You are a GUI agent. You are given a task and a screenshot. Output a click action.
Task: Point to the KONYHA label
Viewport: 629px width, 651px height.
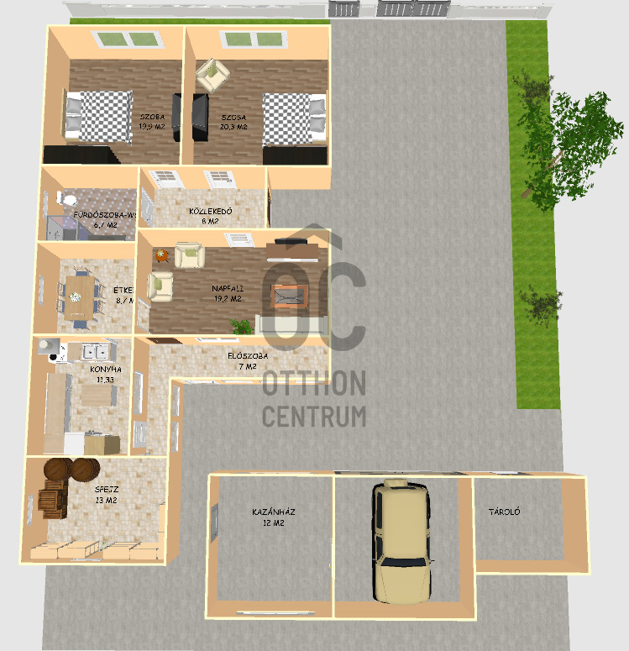tap(106, 369)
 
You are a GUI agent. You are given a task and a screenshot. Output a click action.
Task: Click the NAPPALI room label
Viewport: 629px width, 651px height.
tap(227, 288)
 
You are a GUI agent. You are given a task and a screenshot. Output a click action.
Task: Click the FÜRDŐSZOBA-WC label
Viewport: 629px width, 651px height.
tap(102, 215)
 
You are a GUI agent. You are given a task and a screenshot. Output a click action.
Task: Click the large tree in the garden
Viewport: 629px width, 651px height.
tap(558, 134)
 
